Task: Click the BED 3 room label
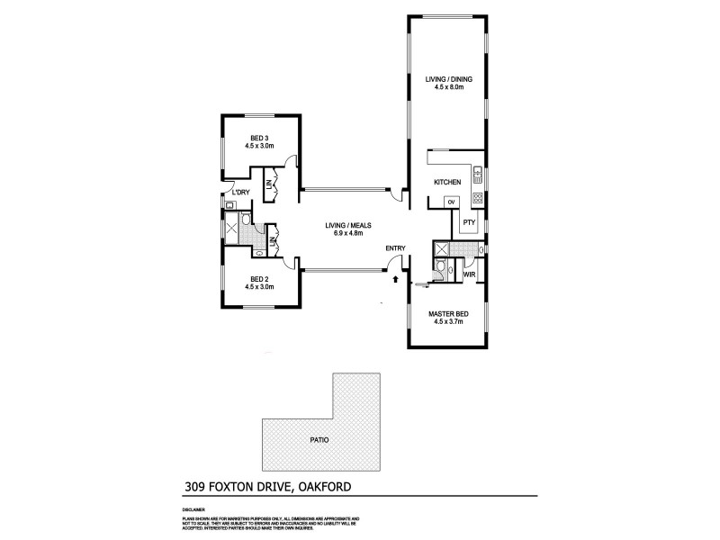(259, 138)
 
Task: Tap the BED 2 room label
(259, 279)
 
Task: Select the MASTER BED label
(447, 313)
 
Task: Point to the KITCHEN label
(447, 183)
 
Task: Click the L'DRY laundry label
(240, 193)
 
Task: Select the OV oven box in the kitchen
(451, 202)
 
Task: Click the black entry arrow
(394, 280)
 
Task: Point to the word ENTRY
(396, 248)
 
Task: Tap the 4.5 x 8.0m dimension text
(449, 88)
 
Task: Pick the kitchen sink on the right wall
(478, 175)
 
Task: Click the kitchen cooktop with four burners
(478, 199)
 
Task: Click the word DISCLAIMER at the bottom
(193, 510)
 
